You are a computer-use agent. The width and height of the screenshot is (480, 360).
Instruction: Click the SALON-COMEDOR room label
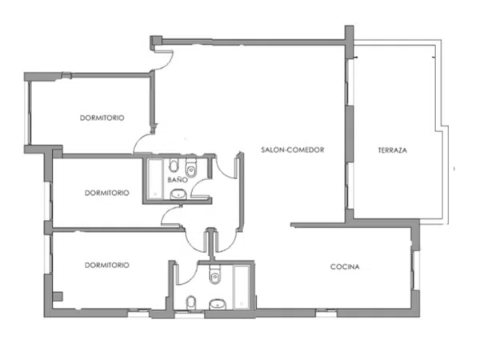click(292, 150)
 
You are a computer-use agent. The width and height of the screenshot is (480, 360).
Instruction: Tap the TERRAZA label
click(393, 150)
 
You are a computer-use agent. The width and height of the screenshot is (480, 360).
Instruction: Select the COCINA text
click(345, 266)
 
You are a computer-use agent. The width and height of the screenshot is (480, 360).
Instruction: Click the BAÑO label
click(178, 179)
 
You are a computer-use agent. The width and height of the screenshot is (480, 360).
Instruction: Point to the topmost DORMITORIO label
click(102, 118)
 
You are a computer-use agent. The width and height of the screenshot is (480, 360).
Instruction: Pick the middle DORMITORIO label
click(107, 193)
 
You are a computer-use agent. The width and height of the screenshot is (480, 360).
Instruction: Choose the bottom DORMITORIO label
click(107, 265)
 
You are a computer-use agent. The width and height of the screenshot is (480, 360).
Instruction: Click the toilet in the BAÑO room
click(192, 167)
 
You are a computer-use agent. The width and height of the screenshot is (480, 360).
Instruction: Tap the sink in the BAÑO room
click(178, 194)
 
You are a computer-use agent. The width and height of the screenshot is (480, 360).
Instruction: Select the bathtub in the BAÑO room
click(155, 178)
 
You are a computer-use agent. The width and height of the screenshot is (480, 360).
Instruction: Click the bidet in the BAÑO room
click(174, 166)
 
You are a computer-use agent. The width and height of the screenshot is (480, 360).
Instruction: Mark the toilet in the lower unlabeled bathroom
click(215, 274)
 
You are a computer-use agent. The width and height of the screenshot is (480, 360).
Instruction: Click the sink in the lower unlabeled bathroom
click(218, 304)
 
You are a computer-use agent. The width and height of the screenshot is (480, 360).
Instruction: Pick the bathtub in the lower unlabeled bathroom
click(242, 287)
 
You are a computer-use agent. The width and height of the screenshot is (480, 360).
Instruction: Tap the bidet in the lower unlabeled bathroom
click(191, 302)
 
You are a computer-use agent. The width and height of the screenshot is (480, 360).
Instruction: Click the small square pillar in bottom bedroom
click(58, 296)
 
